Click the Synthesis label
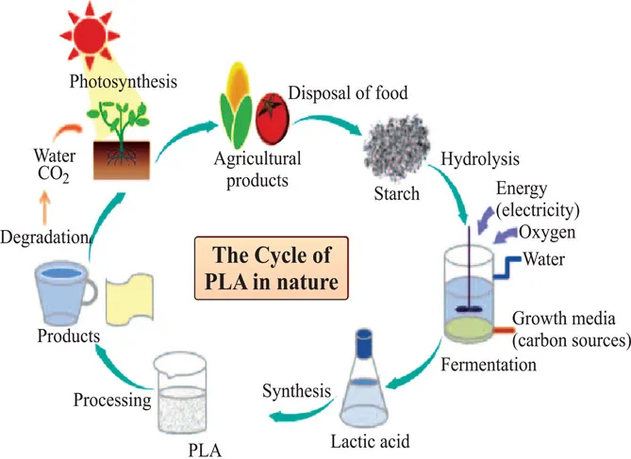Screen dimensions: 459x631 (x=295, y=389)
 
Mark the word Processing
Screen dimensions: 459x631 (x=111, y=400)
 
